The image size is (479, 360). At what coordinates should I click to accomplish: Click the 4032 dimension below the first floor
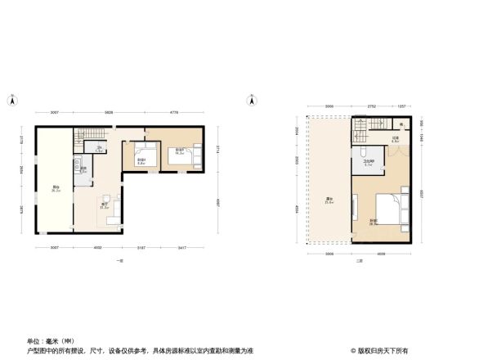96,248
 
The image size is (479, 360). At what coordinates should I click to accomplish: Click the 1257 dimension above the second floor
402,107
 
